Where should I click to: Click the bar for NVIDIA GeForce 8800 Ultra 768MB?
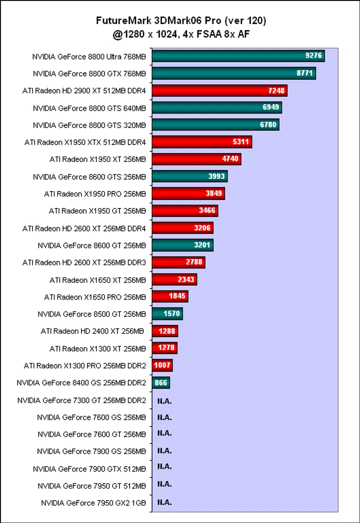click(238, 56)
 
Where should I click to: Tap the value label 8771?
click(305, 73)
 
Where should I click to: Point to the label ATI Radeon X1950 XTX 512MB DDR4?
click(85, 142)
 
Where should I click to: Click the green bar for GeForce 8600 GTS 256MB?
click(189, 176)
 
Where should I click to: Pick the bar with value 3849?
click(188, 193)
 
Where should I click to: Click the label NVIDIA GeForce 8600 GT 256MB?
click(91, 245)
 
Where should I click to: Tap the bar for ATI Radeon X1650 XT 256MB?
click(174, 279)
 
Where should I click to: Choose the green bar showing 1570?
click(167, 313)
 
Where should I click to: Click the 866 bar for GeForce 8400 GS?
click(160, 382)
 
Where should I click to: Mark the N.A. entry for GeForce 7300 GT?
click(164, 400)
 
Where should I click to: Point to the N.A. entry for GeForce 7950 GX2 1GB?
click(164, 502)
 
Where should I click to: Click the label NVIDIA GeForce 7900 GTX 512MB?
click(89, 469)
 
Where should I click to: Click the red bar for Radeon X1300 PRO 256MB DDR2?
click(162, 365)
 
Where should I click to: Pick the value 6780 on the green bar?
click(268, 124)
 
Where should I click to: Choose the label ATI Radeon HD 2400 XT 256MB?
click(92, 331)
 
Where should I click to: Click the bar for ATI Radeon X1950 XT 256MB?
click(196, 159)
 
